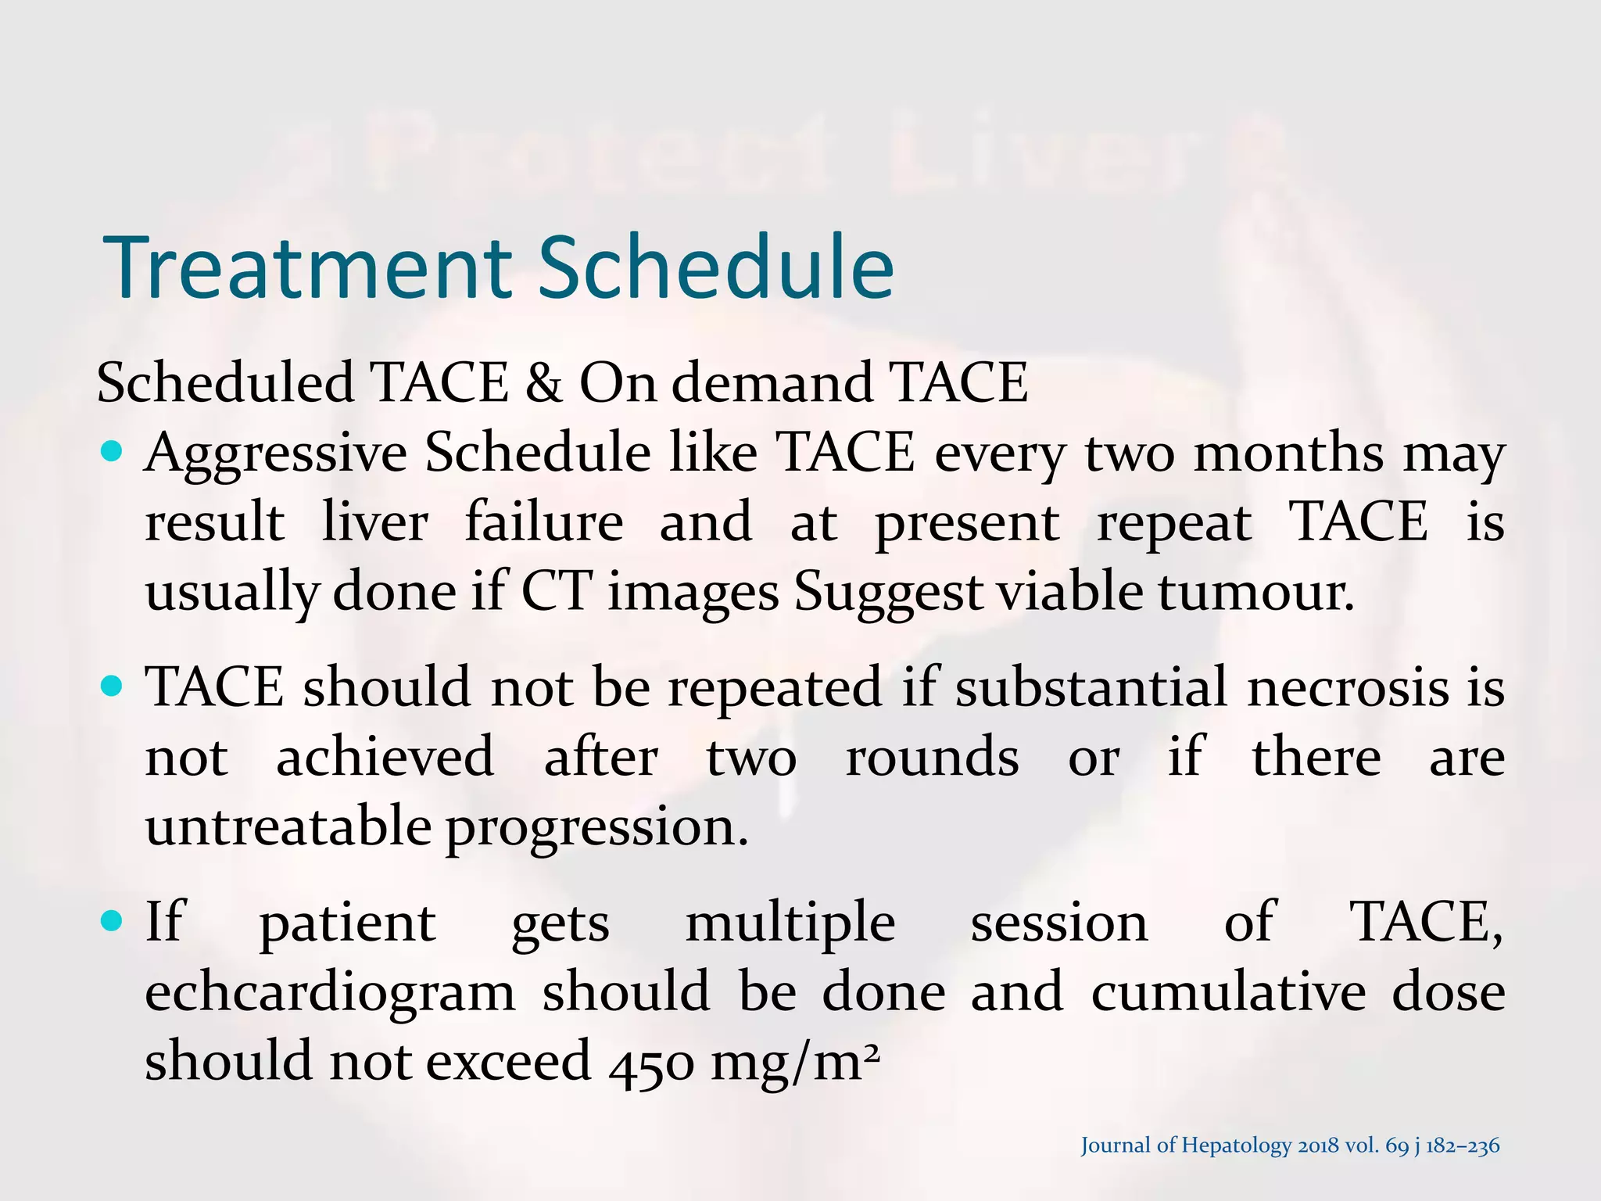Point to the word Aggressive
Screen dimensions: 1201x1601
275,454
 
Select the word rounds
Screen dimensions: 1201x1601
932,758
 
